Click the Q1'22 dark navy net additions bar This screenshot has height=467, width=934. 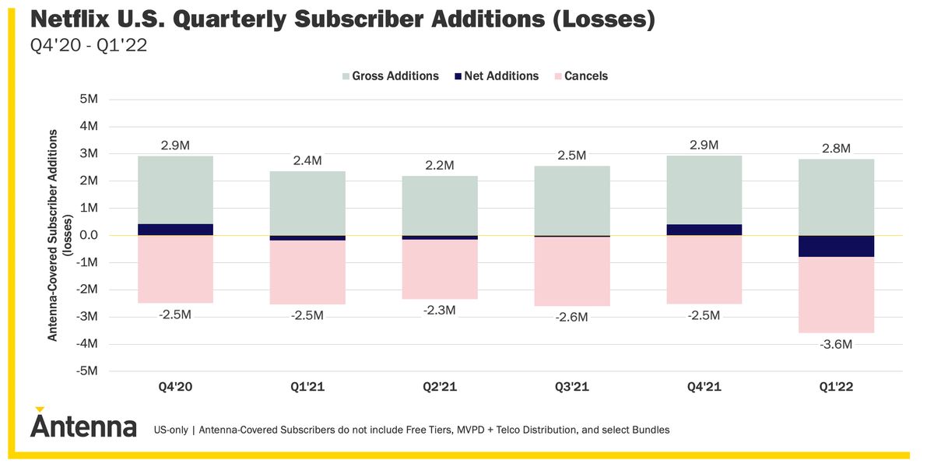point(836,246)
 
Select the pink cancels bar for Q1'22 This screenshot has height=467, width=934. point(836,295)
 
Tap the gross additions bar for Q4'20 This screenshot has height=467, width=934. point(175,190)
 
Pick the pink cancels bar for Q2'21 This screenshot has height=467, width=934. point(440,269)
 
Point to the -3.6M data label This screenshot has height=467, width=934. point(836,344)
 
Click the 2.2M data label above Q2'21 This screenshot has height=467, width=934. point(440,165)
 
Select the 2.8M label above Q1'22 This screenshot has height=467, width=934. point(836,148)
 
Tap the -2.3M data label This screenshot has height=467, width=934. point(440,310)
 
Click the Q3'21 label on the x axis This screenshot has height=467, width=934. point(571,387)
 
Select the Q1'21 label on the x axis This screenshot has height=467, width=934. point(307,387)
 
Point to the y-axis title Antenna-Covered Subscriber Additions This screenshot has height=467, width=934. point(53,235)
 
